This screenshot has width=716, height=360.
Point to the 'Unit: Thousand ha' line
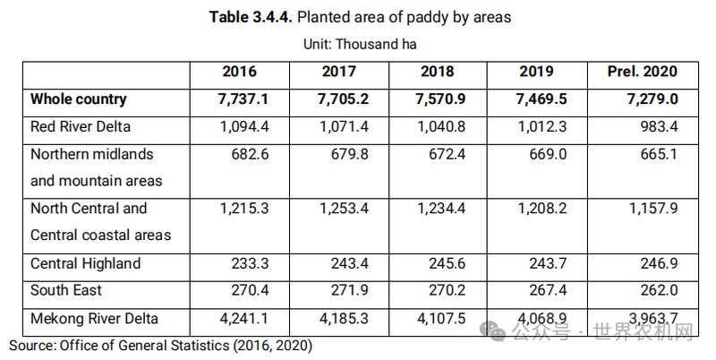pyautogui.click(x=358, y=42)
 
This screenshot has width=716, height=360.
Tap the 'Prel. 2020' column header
pyautogui.click(x=641, y=72)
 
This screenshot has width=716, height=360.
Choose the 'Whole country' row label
pyautogui.click(x=79, y=99)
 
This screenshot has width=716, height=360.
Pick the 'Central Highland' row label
pyautogui.click(x=85, y=264)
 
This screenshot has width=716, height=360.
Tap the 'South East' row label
pyautogui.click(x=66, y=290)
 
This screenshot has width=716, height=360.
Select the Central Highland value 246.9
pyautogui.click(x=656, y=264)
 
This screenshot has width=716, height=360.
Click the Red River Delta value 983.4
pyautogui.click(x=656, y=125)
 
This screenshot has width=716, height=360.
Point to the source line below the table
pyautogui.click(x=160, y=344)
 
